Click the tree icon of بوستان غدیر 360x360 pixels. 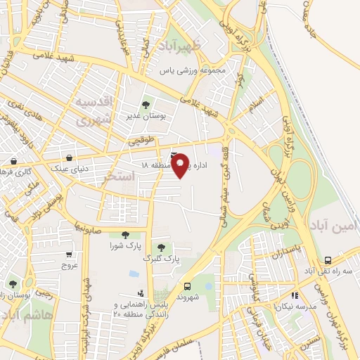(x=146, y=104)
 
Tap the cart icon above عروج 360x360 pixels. (x=69, y=255)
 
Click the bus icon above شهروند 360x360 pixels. (x=187, y=286)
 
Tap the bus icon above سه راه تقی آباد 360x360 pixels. (x=328, y=259)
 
